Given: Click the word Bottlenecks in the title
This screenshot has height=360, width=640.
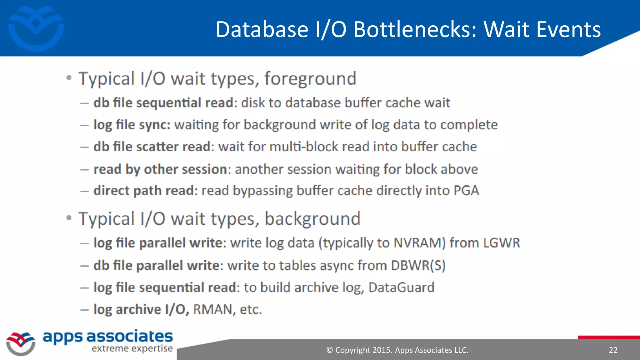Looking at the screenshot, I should point(415,29).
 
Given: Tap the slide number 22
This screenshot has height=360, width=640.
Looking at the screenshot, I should point(613,350).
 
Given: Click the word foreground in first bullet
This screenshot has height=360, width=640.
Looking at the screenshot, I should point(310,78).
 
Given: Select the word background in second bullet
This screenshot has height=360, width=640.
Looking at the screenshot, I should point(312,218).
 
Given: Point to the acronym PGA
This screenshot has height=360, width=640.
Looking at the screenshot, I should point(466,191).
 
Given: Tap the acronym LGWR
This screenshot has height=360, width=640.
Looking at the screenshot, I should point(501,243).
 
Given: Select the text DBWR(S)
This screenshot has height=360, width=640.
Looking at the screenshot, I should point(418,265).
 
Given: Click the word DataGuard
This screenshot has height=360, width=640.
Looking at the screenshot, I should point(401,287).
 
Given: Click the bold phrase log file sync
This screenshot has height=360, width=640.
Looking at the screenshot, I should point(132,125).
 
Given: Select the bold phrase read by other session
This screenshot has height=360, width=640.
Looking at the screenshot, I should point(160,169).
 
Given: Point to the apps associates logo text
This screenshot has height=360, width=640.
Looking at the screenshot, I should point(107,337).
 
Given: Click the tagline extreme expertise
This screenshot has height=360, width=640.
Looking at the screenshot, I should point(132,348).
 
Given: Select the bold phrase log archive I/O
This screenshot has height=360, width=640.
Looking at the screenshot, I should point(141,309).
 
